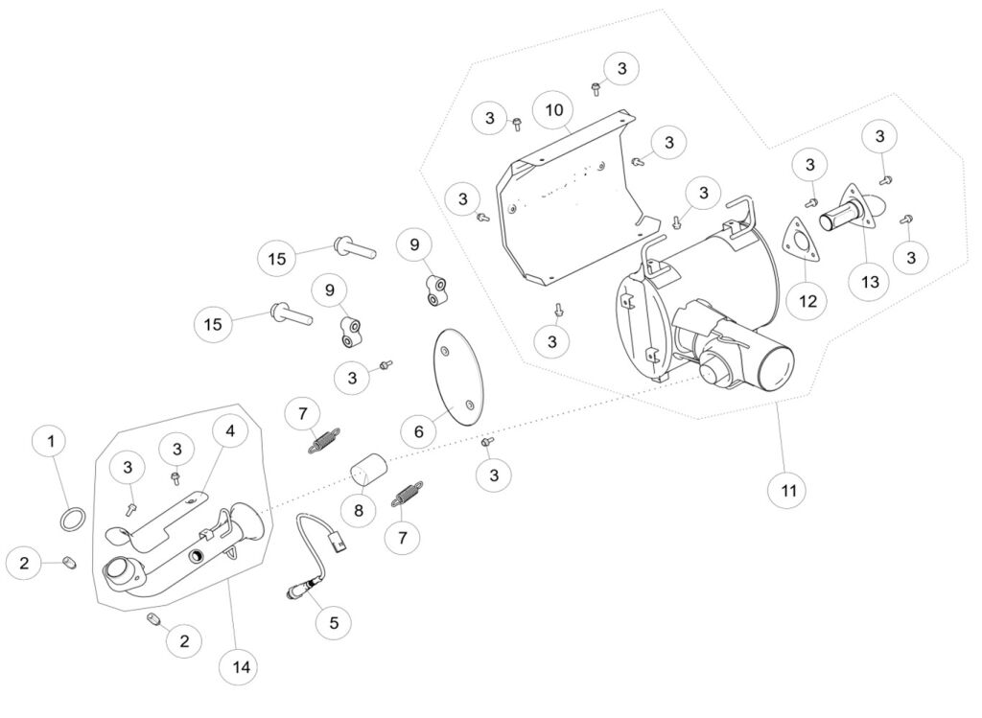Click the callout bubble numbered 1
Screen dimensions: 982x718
coord(52,441)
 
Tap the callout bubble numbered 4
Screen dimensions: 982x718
coord(230,431)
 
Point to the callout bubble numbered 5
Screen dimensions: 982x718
coord(334,622)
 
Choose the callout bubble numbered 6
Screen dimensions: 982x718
coord(419,431)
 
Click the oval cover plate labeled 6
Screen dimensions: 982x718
coord(458,378)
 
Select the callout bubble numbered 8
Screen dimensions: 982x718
coord(359,510)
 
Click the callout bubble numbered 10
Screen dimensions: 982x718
coord(555,110)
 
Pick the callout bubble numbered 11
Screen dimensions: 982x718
coord(789,490)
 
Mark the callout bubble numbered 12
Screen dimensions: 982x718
coord(808,301)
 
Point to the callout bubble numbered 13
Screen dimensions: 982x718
coord(871,282)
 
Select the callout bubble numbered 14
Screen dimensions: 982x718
coord(241,667)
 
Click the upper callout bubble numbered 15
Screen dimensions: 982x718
coord(277,259)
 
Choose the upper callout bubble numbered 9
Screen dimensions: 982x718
coord(414,244)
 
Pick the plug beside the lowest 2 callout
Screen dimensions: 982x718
coord(154,619)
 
